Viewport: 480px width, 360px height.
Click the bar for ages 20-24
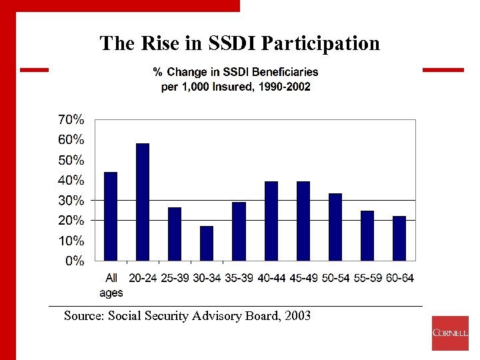click(143, 202)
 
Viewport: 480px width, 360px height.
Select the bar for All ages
click(111, 216)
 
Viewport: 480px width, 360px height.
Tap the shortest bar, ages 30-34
click(207, 243)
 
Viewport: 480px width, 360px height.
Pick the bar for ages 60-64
click(399, 238)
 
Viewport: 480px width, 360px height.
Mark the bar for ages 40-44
click(271, 221)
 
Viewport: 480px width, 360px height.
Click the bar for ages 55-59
click(367, 235)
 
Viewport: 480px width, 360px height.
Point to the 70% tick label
click(70, 120)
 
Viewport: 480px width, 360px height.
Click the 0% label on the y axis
click(74, 261)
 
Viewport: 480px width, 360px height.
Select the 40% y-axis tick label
click(70, 180)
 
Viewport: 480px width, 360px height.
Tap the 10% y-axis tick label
click(70, 240)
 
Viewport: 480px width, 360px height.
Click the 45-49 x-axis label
click(303, 278)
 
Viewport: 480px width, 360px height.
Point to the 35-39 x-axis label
click(239, 278)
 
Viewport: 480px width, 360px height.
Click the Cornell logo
click(450, 333)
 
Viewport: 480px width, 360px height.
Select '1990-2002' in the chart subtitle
click(287, 87)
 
